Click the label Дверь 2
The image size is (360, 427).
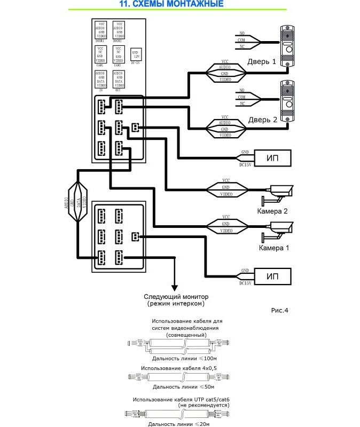262,120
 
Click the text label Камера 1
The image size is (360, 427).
274,248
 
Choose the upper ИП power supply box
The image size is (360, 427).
272,158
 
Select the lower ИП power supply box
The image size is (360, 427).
272,276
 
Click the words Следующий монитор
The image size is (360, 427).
176,296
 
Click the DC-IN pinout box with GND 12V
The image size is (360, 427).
136,54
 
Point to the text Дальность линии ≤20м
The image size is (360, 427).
179,424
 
